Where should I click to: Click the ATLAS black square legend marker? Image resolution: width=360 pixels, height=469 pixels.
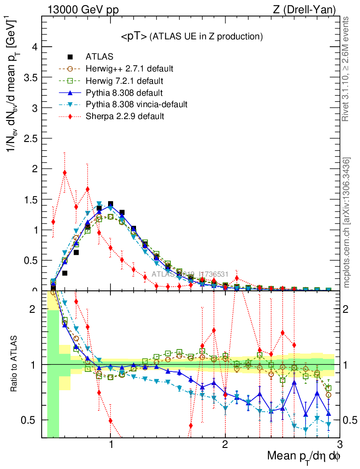[70, 57]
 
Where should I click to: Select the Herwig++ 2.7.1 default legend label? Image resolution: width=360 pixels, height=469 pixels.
[129, 69]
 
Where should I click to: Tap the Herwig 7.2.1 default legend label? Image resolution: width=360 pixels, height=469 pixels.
[124, 81]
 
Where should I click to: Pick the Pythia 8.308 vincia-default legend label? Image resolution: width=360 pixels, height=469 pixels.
[136, 104]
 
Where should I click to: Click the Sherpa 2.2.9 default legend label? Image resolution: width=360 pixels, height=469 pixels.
[125, 116]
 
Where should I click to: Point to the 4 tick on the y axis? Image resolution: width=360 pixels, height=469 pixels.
[33, 47]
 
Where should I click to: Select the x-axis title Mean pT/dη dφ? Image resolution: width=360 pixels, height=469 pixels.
[304, 456]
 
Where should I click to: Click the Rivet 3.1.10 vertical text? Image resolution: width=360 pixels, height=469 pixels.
[347, 69]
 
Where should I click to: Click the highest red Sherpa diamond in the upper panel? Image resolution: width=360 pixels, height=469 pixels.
[65, 173]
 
